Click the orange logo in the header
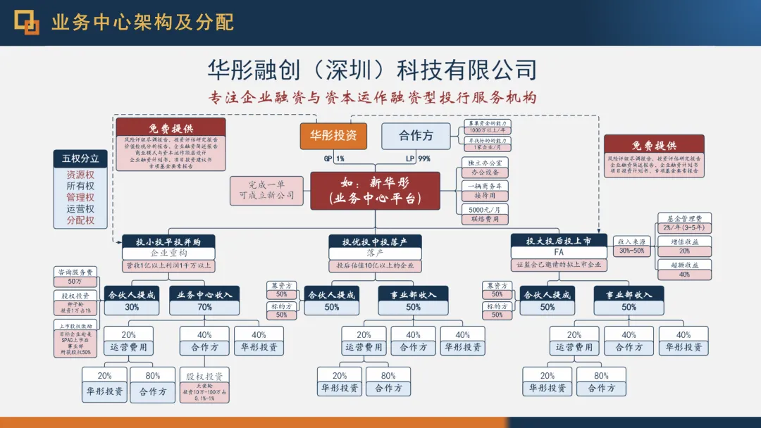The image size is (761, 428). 27,23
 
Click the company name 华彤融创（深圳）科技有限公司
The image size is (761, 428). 372,70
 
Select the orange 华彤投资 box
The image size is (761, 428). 333,136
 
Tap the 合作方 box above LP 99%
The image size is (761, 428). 416,136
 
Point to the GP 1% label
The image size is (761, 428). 334,158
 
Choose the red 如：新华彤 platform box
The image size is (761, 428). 375,191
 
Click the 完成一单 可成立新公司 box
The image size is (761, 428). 261,190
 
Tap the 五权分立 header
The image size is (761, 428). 80,158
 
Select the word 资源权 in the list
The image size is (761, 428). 80,175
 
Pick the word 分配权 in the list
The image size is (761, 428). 80,220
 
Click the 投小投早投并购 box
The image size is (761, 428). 168,241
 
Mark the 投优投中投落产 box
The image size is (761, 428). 375,241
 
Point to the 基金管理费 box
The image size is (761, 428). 684,218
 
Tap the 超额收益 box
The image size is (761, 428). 684,265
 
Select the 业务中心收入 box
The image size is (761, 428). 204,294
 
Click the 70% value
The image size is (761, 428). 204,307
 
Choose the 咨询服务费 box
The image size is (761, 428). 75,272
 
